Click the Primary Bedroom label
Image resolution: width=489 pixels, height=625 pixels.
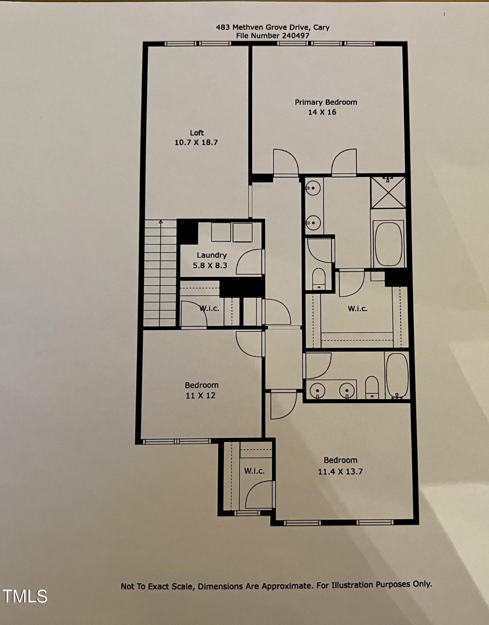(326, 102)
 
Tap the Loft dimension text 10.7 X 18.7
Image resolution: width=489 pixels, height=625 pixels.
(196, 142)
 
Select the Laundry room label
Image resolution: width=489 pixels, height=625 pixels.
(212, 255)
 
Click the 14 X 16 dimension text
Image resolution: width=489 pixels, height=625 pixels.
(322, 112)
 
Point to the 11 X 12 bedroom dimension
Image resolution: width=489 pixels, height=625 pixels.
(200, 396)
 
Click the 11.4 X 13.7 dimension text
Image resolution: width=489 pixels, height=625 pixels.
(340, 472)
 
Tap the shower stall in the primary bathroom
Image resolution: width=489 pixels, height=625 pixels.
(388, 192)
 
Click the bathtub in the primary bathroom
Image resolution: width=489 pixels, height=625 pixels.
(388, 244)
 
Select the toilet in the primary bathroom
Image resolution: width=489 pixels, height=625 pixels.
(319, 278)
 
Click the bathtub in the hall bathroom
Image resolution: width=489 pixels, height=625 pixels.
(397, 375)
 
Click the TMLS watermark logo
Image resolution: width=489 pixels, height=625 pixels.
(25, 596)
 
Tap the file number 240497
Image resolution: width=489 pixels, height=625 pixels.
(296, 36)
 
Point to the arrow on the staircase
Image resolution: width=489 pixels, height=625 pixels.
(161, 222)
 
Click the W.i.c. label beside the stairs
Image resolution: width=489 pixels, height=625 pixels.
(209, 308)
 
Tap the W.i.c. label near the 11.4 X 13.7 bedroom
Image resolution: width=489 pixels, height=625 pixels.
(254, 471)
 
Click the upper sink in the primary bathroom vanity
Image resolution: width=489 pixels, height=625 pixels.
(313, 188)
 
